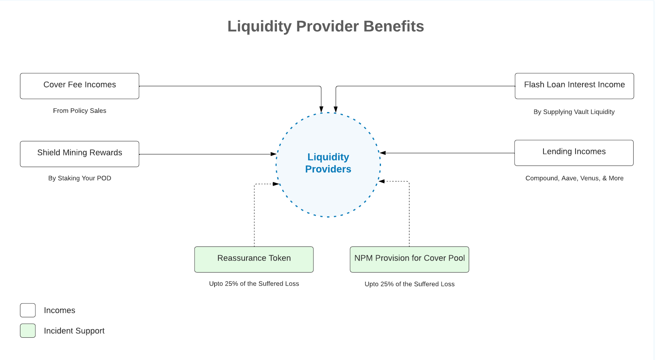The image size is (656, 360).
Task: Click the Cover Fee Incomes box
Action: click(x=80, y=86)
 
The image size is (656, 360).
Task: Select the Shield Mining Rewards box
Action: click(x=80, y=154)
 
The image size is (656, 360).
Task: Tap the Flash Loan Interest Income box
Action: click(x=574, y=86)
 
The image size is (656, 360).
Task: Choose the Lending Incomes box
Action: click(x=574, y=153)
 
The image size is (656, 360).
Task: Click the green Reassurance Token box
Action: click(x=254, y=260)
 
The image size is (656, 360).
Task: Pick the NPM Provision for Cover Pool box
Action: click(x=409, y=260)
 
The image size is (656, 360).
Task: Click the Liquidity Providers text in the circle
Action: click(x=328, y=163)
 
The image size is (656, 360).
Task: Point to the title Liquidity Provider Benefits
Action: click(x=325, y=26)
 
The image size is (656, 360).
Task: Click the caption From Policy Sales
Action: click(x=80, y=111)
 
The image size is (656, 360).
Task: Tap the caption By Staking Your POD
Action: click(x=80, y=178)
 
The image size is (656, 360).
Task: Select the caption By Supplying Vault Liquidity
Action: click(x=574, y=112)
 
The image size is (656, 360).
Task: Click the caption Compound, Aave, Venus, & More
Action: click(x=574, y=178)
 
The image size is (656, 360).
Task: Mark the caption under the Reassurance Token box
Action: click(x=254, y=284)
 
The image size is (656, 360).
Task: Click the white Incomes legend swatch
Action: click(x=28, y=310)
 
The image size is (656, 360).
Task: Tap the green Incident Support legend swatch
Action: click(x=28, y=331)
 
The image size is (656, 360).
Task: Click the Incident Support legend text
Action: click(x=74, y=331)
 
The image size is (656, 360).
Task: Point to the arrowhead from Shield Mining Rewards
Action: click(x=273, y=154)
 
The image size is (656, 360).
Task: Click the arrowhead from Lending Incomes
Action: click(x=383, y=153)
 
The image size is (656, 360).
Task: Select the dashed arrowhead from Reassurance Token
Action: click(x=276, y=184)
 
